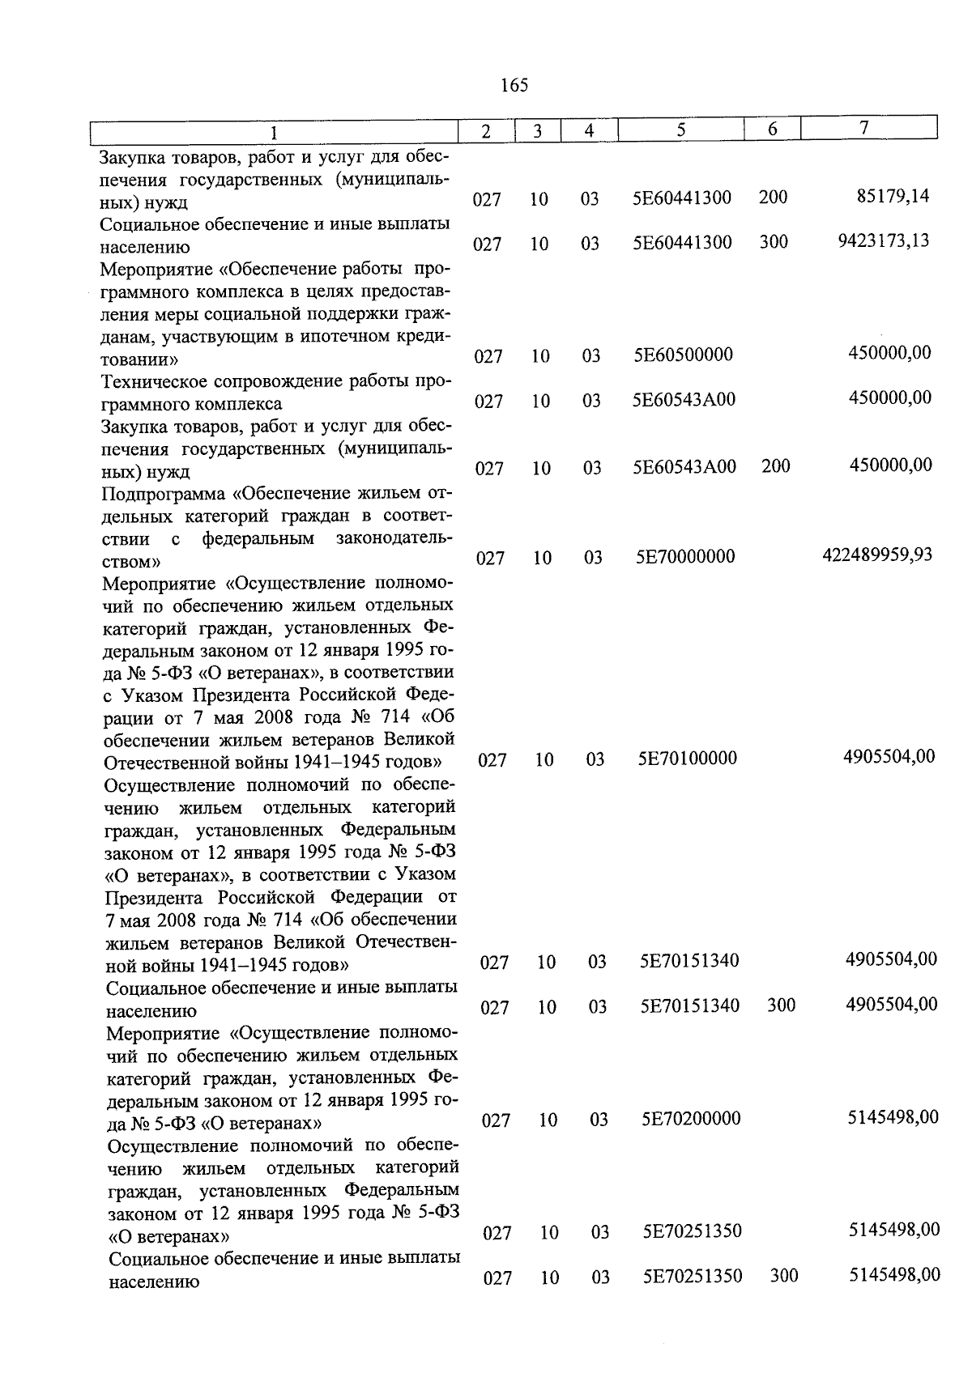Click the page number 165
(514, 85)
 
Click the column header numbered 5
(681, 130)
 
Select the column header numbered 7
(864, 128)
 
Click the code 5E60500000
(683, 355)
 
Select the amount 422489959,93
(877, 555)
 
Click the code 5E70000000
(685, 556)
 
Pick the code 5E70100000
(687, 758)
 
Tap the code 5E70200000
(691, 1119)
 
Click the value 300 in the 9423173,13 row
(774, 241)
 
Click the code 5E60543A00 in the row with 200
(684, 466)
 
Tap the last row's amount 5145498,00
(894, 1274)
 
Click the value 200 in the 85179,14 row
(773, 197)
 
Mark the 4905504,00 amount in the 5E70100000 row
(889, 756)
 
